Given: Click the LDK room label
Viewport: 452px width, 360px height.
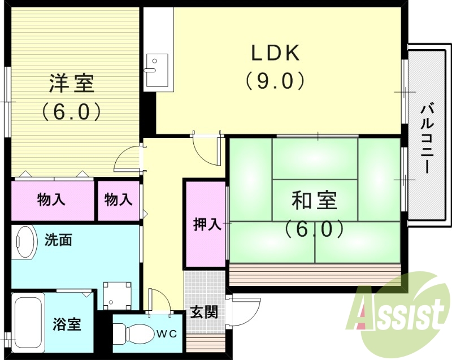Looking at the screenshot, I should tap(275, 54).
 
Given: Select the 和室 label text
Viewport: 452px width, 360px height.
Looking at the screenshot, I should tap(314, 201).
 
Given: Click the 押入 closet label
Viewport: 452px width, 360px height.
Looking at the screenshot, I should tap(207, 224).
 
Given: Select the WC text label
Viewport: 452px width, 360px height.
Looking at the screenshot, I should tap(167, 333).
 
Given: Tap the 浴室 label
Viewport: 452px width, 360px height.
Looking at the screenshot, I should tap(67, 325).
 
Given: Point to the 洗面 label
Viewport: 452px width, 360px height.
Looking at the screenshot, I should tap(58, 240).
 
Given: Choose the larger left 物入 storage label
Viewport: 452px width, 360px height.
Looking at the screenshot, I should tap(51, 199).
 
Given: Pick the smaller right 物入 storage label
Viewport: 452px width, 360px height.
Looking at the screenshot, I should tap(119, 199).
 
